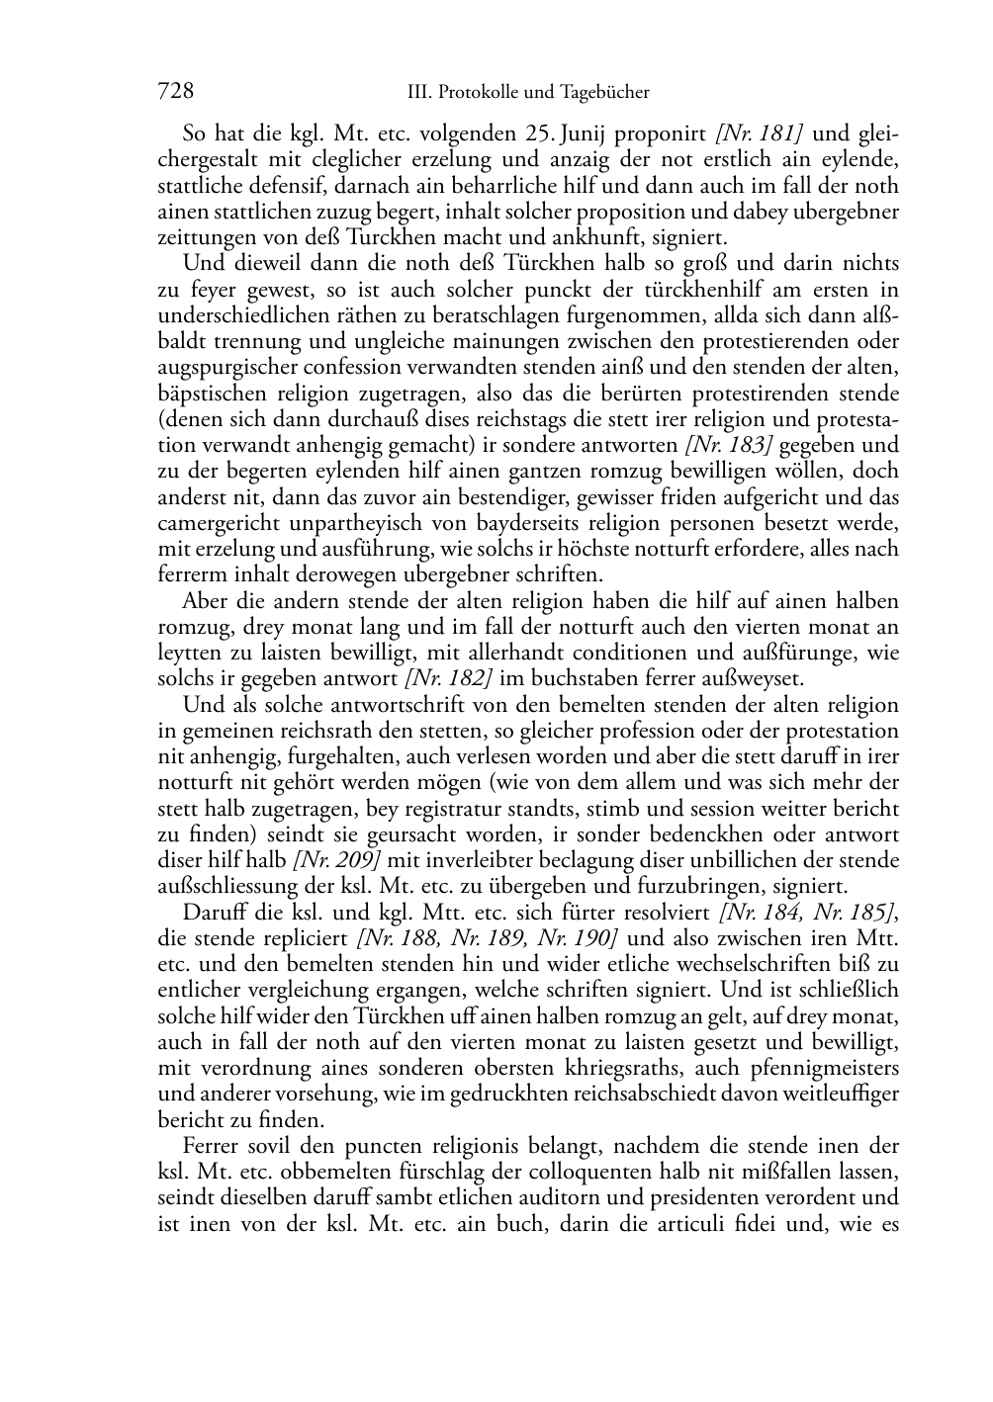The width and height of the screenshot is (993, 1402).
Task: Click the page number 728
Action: click(175, 92)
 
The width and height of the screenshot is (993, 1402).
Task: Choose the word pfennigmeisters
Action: click(828, 1068)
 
